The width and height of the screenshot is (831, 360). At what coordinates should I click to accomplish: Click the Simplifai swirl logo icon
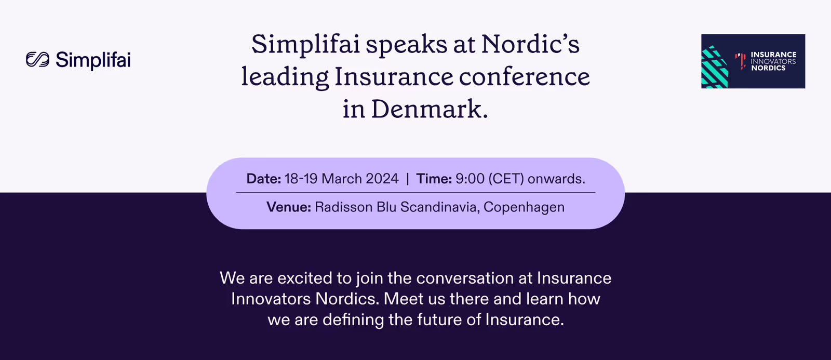pyautogui.click(x=37, y=59)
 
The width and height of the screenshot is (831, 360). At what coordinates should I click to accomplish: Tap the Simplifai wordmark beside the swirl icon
pyautogui.click(x=93, y=60)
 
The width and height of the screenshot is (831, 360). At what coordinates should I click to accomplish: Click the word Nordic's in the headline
pyautogui.click(x=530, y=44)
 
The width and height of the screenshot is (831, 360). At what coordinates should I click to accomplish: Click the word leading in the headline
pyautogui.click(x=285, y=78)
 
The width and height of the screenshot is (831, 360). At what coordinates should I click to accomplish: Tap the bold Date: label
pyautogui.click(x=264, y=179)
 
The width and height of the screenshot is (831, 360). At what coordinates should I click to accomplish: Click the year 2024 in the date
pyautogui.click(x=382, y=179)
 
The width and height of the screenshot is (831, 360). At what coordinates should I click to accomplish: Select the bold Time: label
pyautogui.click(x=434, y=179)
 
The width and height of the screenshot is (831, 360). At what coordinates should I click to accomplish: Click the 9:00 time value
pyautogui.click(x=470, y=179)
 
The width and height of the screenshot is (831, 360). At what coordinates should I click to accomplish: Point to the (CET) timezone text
pyautogui.click(x=506, y=179)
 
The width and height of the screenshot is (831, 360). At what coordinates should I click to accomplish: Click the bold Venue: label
pyautogui.click(x=289, y=207)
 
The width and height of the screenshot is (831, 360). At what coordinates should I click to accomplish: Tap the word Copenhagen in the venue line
pyautogui.click(x=524, y=207)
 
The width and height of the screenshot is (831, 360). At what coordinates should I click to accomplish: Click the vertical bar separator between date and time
pyautogui.click(x=408, y=179)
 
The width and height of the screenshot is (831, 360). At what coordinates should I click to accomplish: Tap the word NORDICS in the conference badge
pyautogui.click(x=768, y=68)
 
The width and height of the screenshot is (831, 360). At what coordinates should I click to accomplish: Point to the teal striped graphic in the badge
pyautogui.click(x=715, y=67)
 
